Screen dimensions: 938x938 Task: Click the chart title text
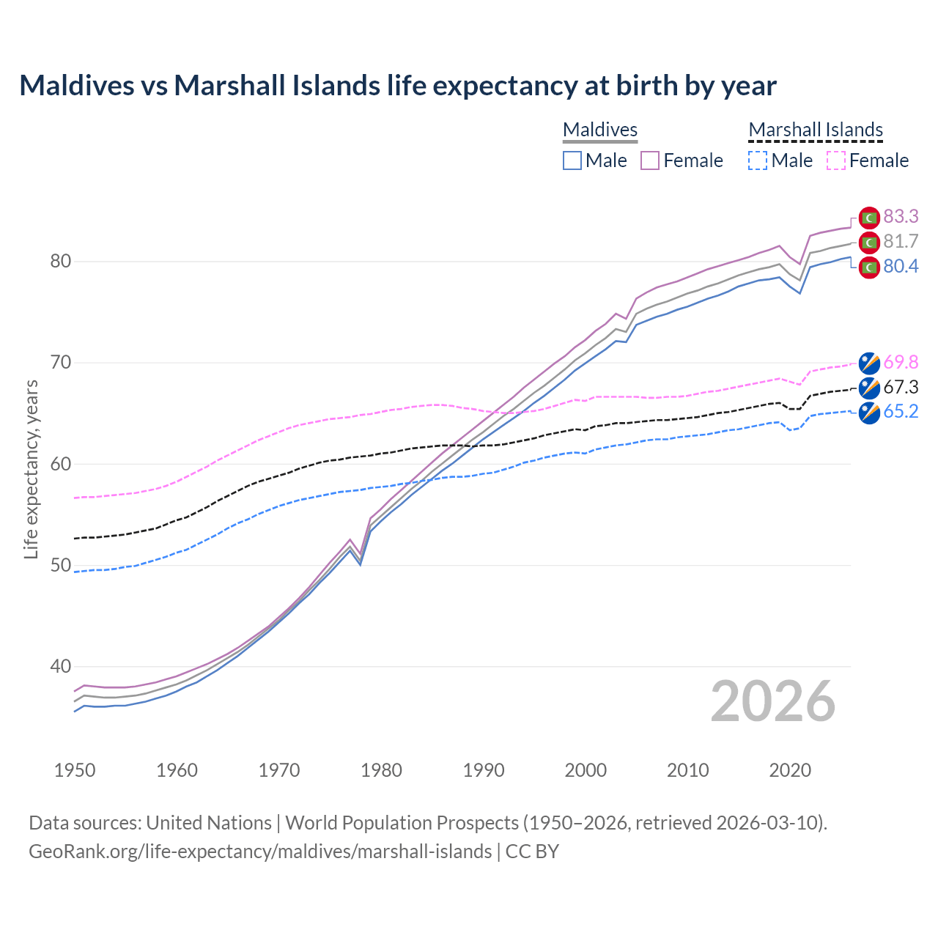(397, 86)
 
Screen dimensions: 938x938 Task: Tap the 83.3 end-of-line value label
(901, 216)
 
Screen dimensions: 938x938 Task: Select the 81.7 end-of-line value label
(901, 241)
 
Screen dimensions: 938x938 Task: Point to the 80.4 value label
(901, 266)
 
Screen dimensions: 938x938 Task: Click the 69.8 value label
(901, 362)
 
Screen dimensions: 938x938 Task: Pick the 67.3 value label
(901, 387)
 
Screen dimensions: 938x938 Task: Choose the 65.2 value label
(901, 411)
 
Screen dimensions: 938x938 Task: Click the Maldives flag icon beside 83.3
(869, 218)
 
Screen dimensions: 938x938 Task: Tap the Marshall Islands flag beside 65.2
(869, 413)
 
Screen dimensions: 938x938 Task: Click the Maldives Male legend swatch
(572, 160)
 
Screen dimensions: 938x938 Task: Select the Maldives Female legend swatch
(650, 160)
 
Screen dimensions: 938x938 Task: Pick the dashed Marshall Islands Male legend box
(758, 160)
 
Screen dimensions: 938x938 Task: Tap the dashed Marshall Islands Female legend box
(836, 160)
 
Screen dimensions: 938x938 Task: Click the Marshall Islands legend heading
(816, 130)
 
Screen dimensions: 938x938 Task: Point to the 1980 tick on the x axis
(381, 770)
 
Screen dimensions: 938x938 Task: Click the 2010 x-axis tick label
(687, 770)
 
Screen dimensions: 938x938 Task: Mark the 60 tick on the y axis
(61, 464)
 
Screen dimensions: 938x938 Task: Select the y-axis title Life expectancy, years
(31, 469)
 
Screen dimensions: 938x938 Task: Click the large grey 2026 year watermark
(773, 701)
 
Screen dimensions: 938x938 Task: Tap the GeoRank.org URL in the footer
(260, 851)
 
